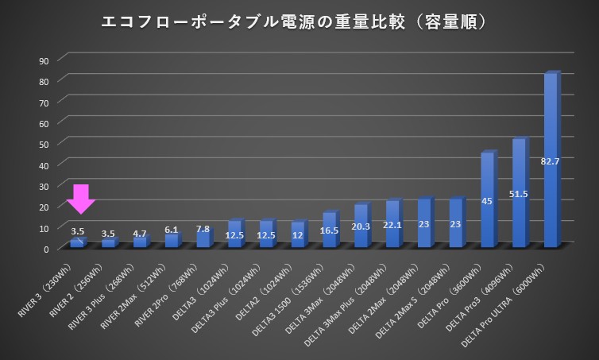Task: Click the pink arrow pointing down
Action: point(80,197)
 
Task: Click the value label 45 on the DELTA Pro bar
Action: point(487,201)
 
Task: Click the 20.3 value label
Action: point(361,225)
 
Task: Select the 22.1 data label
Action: point(392,225)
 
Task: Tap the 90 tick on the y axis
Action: point(44,60)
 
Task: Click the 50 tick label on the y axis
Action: point(44,144)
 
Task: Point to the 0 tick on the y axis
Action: point(46,249)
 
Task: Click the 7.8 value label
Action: point(203,230)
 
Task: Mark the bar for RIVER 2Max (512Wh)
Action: point(172,241)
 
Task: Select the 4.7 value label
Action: point(140,234)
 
